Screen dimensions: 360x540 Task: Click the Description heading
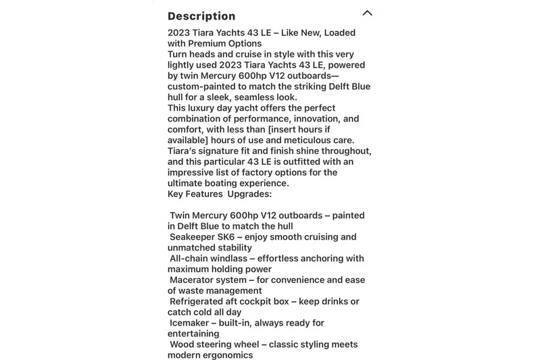[201, 16]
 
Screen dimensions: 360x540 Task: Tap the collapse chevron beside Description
[367, 13]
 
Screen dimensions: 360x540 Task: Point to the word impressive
[194, 172]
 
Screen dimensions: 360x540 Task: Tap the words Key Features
[195, 194]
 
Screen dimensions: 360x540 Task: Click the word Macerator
[196, 280]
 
